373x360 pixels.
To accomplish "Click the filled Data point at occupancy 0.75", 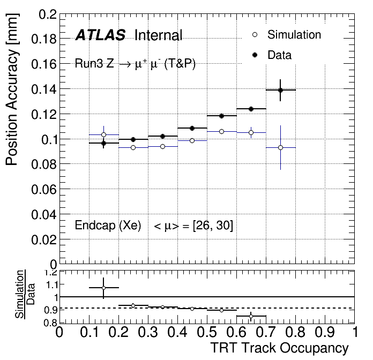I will (x=280, y=90).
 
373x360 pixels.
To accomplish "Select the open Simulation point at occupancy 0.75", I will (x=280, y=147).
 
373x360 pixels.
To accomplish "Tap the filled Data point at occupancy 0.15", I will (x=103, y=143).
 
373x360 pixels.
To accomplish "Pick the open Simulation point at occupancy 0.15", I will (x=103, y=134).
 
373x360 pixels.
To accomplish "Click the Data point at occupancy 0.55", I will (x=221, y=116).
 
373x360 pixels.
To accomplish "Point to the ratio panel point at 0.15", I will (x=103, y=288).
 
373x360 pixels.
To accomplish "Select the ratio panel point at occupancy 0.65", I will (x=251, y=316).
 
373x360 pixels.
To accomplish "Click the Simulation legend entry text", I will (x=294, y=35).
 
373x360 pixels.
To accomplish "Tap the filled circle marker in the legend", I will (x=255, y=55).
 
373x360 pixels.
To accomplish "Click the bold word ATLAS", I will (x=100, y=36).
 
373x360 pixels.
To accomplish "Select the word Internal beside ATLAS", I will (x=159, y=36).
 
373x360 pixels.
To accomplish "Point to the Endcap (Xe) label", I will (x=108, y=226).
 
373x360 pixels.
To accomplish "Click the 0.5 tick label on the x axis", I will (x=206, y=332).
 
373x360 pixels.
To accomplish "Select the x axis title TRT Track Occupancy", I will (x=279, y=348).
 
